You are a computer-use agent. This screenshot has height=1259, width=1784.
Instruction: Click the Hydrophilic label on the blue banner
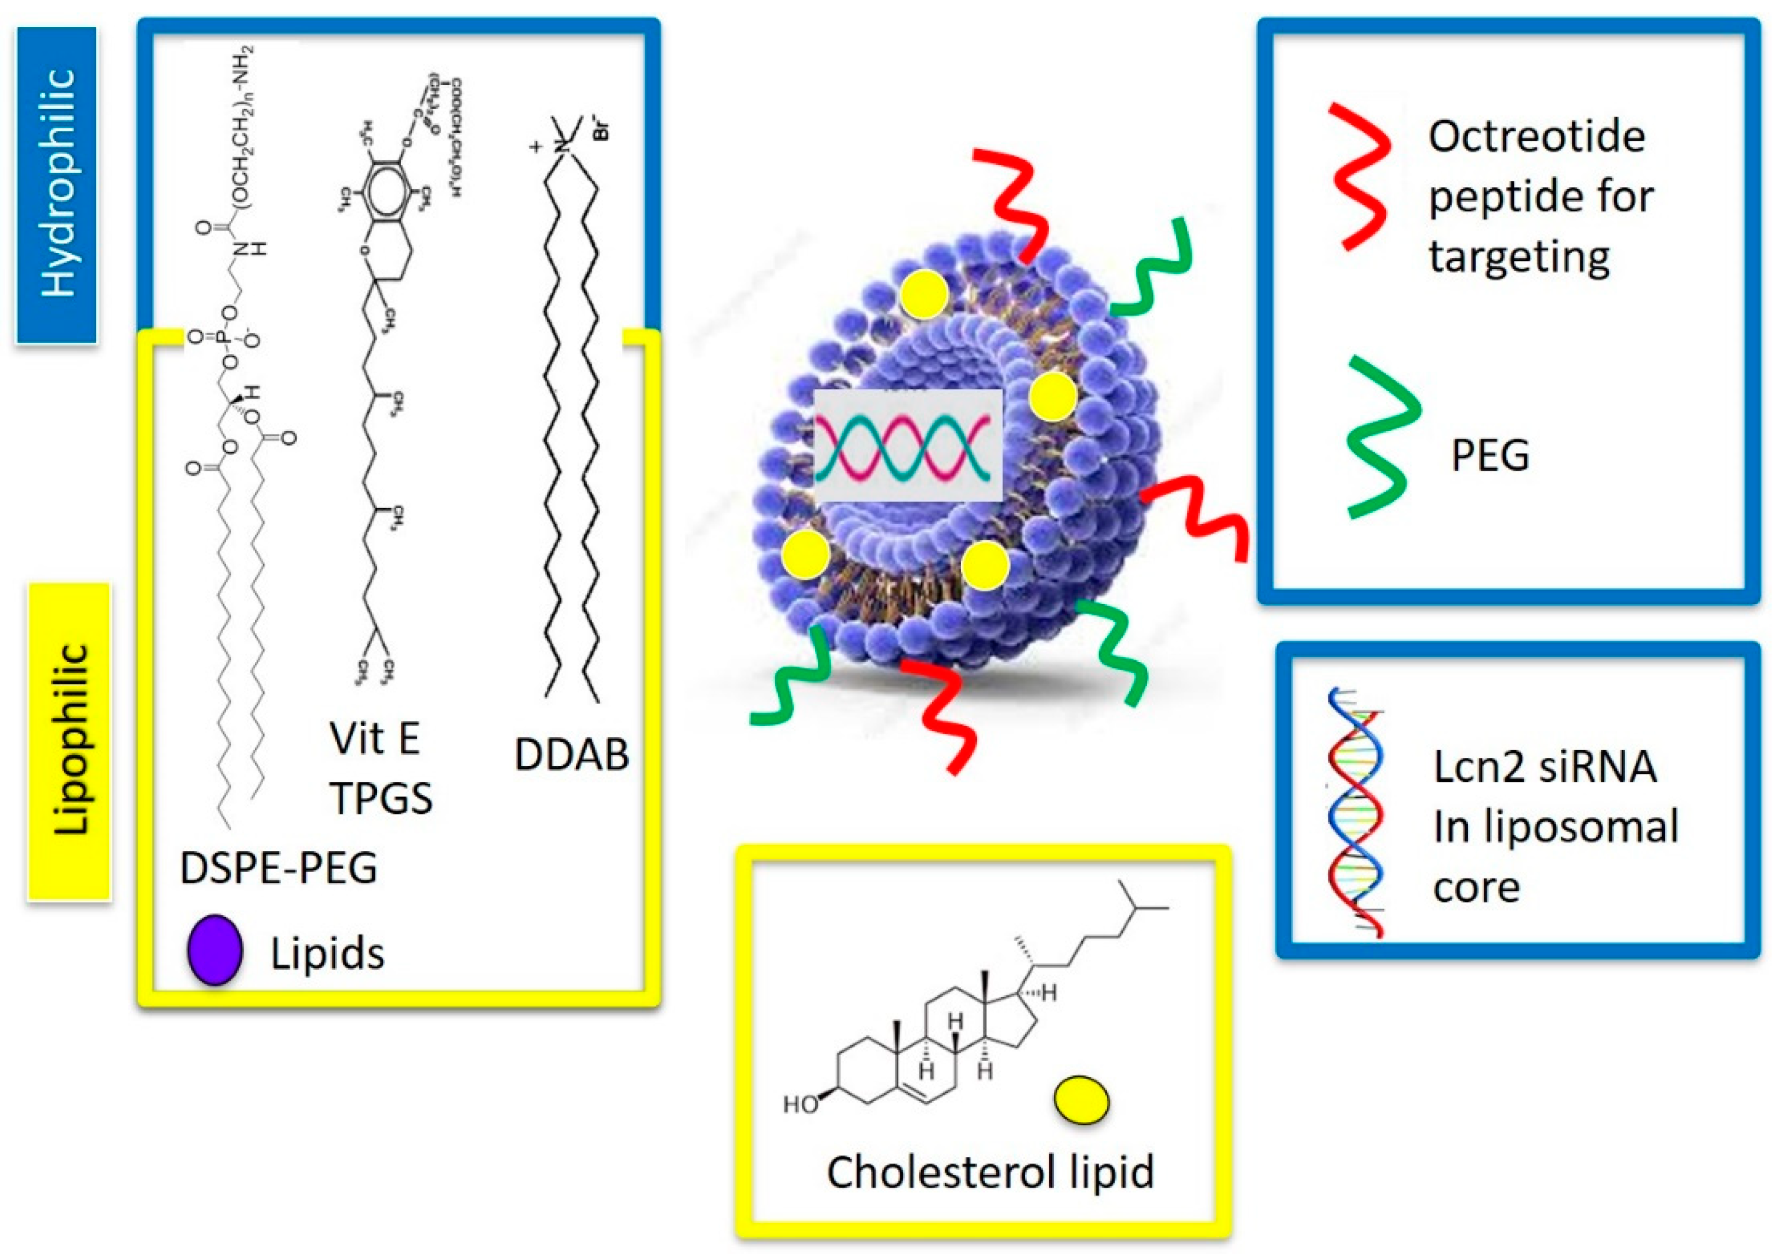pyautogui.click(x=58, y=184)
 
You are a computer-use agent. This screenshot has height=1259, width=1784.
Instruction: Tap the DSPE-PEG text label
pyautogui.click(x=278, y=868)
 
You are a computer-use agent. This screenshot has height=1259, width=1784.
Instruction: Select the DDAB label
pyautogui.click(x=571, y=754)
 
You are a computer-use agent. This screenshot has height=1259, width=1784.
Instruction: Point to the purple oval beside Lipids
pyautogui.click(x=214, y=950)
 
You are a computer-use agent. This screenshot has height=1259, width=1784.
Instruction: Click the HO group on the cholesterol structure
pyautogui.click(x=800, y=1104)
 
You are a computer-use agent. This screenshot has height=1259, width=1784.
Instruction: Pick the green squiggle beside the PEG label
pyautogui.click(x=1382, y=438)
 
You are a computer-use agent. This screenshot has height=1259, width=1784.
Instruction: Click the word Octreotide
pyautogui.click(x=1536, y=137)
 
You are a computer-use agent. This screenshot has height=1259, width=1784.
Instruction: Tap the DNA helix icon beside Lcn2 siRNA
pyautogui.click(x=1354, y=812)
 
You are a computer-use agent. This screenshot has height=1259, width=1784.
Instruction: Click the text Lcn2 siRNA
pyautogui.click(x=1544, y=767)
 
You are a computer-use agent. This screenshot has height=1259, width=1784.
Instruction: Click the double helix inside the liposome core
pyautogui.click(x=906, y=446)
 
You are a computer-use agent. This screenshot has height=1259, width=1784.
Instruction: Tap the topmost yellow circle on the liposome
pyautogui.click(x=924, y=294)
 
